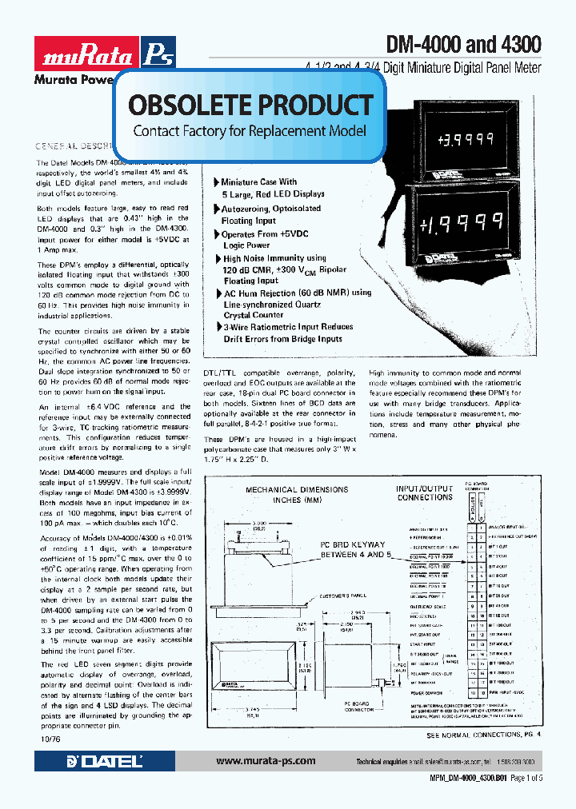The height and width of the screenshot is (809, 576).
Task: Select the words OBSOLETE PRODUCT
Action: coord(250,105)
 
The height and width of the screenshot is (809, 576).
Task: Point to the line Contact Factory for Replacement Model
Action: coord(250,130)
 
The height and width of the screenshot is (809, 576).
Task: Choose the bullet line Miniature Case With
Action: coord(258,182)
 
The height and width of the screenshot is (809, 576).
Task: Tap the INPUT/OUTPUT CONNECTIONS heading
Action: coord(425,493)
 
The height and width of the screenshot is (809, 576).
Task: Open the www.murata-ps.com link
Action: coord(266,761)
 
